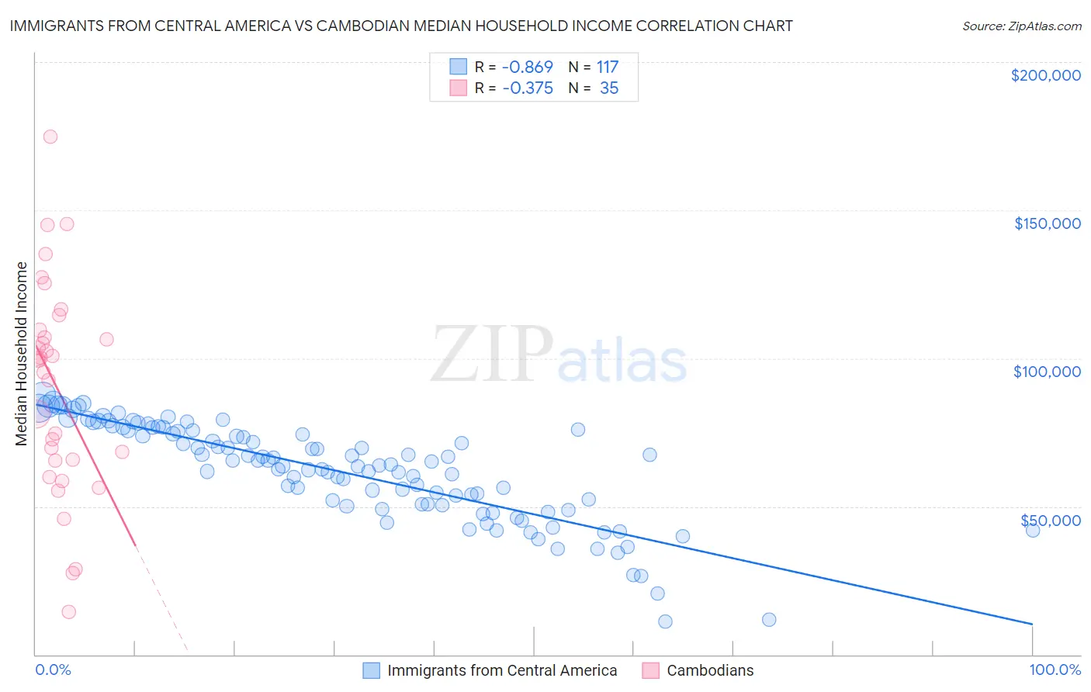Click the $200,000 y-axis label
point(1045,75)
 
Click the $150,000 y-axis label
point(1047,223)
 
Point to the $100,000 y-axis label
point(1047,372)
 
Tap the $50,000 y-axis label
point(1050,520)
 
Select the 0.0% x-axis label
point(53,670)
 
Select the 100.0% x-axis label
point(1055,670)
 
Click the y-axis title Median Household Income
point(21,354)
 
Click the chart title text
point(401,26)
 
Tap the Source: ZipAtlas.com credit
point(1021,26)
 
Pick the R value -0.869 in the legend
point(527,67)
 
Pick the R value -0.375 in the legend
point(527,88)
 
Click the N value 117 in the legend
point(608,67)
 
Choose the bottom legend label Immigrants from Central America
point(502,670)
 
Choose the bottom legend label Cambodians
point(710,670)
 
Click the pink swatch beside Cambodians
point(650,670)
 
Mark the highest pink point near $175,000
point(50,137)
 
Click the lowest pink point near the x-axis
point(68,612)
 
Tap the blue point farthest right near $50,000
point(1032,531)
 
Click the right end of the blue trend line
point(1032,624)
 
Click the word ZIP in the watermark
point(490,355)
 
